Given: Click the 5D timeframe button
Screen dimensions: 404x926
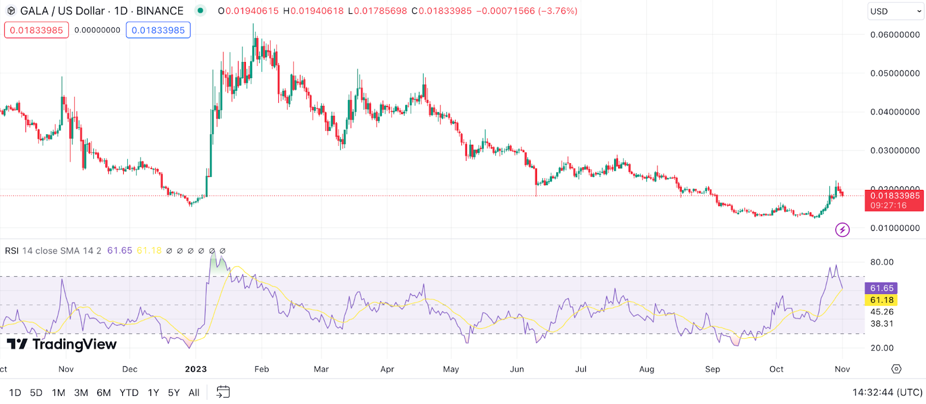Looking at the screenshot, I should (36, 392).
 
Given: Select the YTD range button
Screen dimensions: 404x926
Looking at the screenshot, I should (128, 392).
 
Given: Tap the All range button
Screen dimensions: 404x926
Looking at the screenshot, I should (194, 392).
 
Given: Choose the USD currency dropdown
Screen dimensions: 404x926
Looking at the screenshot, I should (895, 11).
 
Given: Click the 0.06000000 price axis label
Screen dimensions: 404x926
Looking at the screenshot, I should (895, 35).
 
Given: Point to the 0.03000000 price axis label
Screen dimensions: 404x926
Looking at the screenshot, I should (895, 150).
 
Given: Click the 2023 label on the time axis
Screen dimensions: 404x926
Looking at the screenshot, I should (196, 369).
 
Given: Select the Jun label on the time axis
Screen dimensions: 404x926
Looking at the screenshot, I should (517, 369).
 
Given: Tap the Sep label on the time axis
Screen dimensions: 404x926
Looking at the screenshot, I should (712, 369).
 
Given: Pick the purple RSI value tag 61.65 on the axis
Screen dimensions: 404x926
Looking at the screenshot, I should (881, 288).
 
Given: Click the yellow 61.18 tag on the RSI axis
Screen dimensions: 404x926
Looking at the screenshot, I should (881, 300).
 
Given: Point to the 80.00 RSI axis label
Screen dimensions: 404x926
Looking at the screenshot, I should (881, 262).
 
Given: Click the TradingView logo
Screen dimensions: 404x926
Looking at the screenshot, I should (62, 344).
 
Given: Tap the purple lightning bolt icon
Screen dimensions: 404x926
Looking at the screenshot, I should (842, 230).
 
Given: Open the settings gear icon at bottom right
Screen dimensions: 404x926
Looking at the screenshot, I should (896, 369).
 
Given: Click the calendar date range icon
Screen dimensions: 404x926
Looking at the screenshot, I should (223, 392).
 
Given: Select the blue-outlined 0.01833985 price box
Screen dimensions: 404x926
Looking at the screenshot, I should (158, 30).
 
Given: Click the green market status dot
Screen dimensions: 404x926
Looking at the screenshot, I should (200, 10).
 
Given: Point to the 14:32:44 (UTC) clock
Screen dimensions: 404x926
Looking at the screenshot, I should (887, 392).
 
